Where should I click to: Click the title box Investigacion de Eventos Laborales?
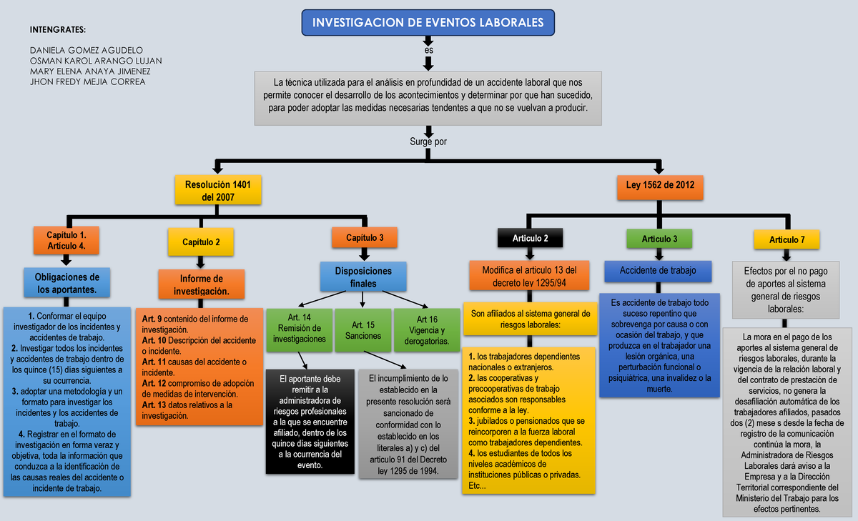pos(428,23)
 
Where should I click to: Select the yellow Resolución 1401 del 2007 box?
pos(218,190)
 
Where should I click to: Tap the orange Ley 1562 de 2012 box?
pos(660,185)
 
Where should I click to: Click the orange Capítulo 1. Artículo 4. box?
pos(66,240)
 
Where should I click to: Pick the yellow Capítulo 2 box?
pos(201,242)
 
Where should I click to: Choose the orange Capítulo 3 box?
pos(365,238)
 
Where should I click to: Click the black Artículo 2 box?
pos(530,239)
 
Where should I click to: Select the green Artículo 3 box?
pos(659,239)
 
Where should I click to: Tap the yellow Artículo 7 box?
pos(786,239)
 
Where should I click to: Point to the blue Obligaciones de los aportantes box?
pos(69,283)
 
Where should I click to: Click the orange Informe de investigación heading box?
pos(201,284)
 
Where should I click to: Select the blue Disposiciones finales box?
pos(364,277)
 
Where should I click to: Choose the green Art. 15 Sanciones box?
pos(363,329)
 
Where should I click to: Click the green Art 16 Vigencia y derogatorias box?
pos(427,329)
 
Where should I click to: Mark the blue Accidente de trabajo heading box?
pos(659,271)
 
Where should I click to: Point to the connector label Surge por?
pos(428,142)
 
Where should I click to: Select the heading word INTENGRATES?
pos(57,29)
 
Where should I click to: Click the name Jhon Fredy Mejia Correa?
pos(87,81)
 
